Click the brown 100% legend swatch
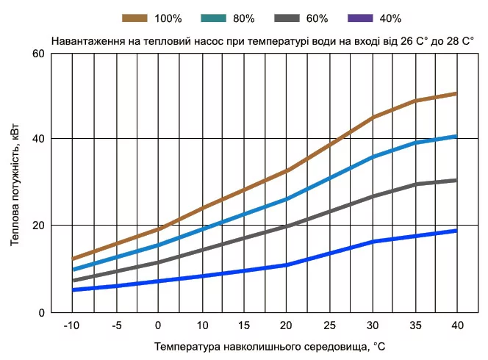136,17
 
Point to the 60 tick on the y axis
37,54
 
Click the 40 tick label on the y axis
37,139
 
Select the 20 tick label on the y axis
37,226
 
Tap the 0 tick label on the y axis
41,312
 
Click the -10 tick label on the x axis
71,325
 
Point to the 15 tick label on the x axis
243,325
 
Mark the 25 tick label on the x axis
329,325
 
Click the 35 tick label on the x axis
414,325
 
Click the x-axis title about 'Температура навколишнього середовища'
270,345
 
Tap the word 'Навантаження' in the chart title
87,42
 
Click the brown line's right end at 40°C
456,93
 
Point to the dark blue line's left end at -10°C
73,289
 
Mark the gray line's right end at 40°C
456,180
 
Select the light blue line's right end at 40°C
456,136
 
